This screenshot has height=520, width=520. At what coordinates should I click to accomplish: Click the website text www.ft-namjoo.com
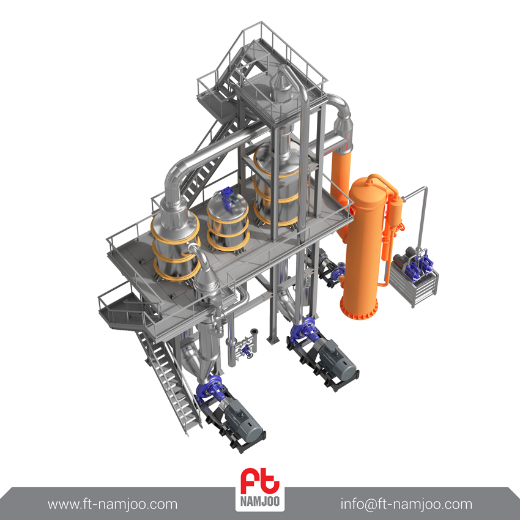click(113, 505)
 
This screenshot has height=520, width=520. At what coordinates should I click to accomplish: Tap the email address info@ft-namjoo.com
click(406, 504)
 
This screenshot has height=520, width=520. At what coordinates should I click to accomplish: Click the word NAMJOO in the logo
click(259, 501)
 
